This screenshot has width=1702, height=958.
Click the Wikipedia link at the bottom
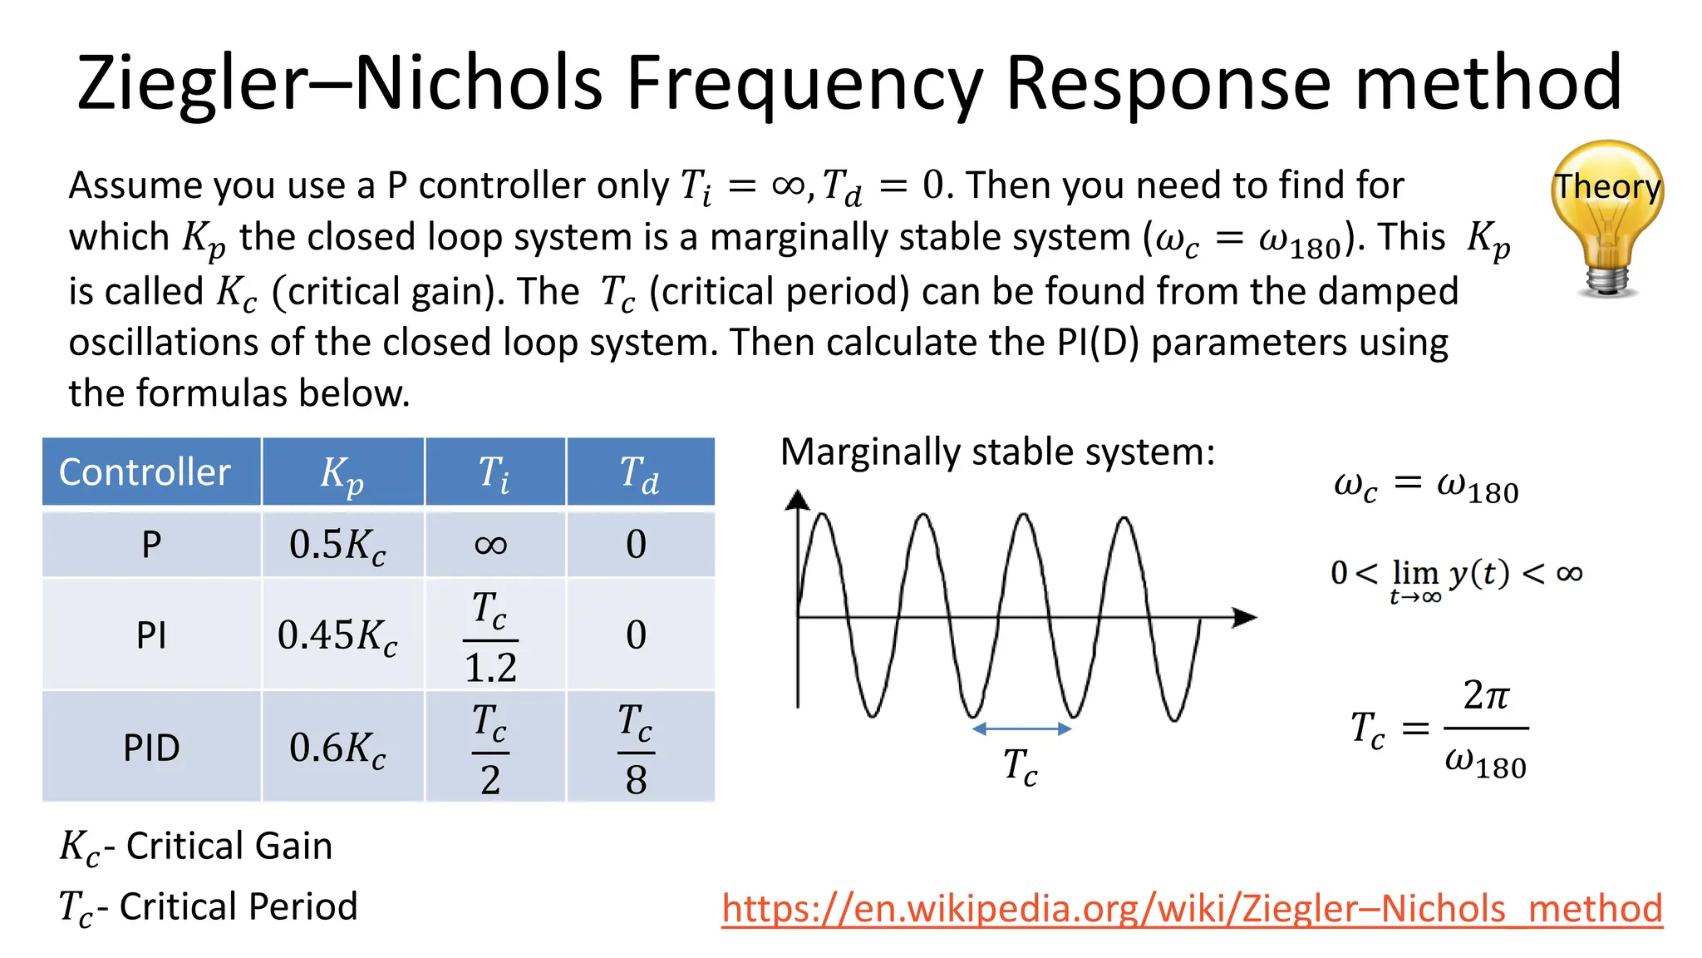[x=1192, y=907]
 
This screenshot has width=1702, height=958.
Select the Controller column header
[x=145, y=472]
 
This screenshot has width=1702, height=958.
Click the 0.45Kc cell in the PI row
[x=337, y=635]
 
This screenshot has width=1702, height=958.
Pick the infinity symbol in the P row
[x=491, y=545]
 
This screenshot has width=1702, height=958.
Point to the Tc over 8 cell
[x=637, y=748]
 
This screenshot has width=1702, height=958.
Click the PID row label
[x=151, y=748]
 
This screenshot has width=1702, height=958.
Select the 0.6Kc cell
[x=337, y=748]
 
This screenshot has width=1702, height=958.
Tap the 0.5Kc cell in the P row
[x=337, y=545]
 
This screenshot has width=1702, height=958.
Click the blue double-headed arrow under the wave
[x=1021, y=729]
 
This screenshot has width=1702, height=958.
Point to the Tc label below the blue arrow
[x=1020, y=766]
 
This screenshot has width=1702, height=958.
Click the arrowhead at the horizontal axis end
[x=1244, y=617]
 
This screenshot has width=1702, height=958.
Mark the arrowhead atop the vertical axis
[x=798, y=499]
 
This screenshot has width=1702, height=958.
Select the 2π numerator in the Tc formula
[x=1485, y=695]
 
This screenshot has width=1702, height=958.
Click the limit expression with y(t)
[x=1456, y=576]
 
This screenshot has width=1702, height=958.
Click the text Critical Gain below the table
[x=229, y=846]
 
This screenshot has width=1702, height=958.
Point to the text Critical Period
[x=238, y=906]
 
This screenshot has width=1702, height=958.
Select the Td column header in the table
[x=639, y=473]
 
